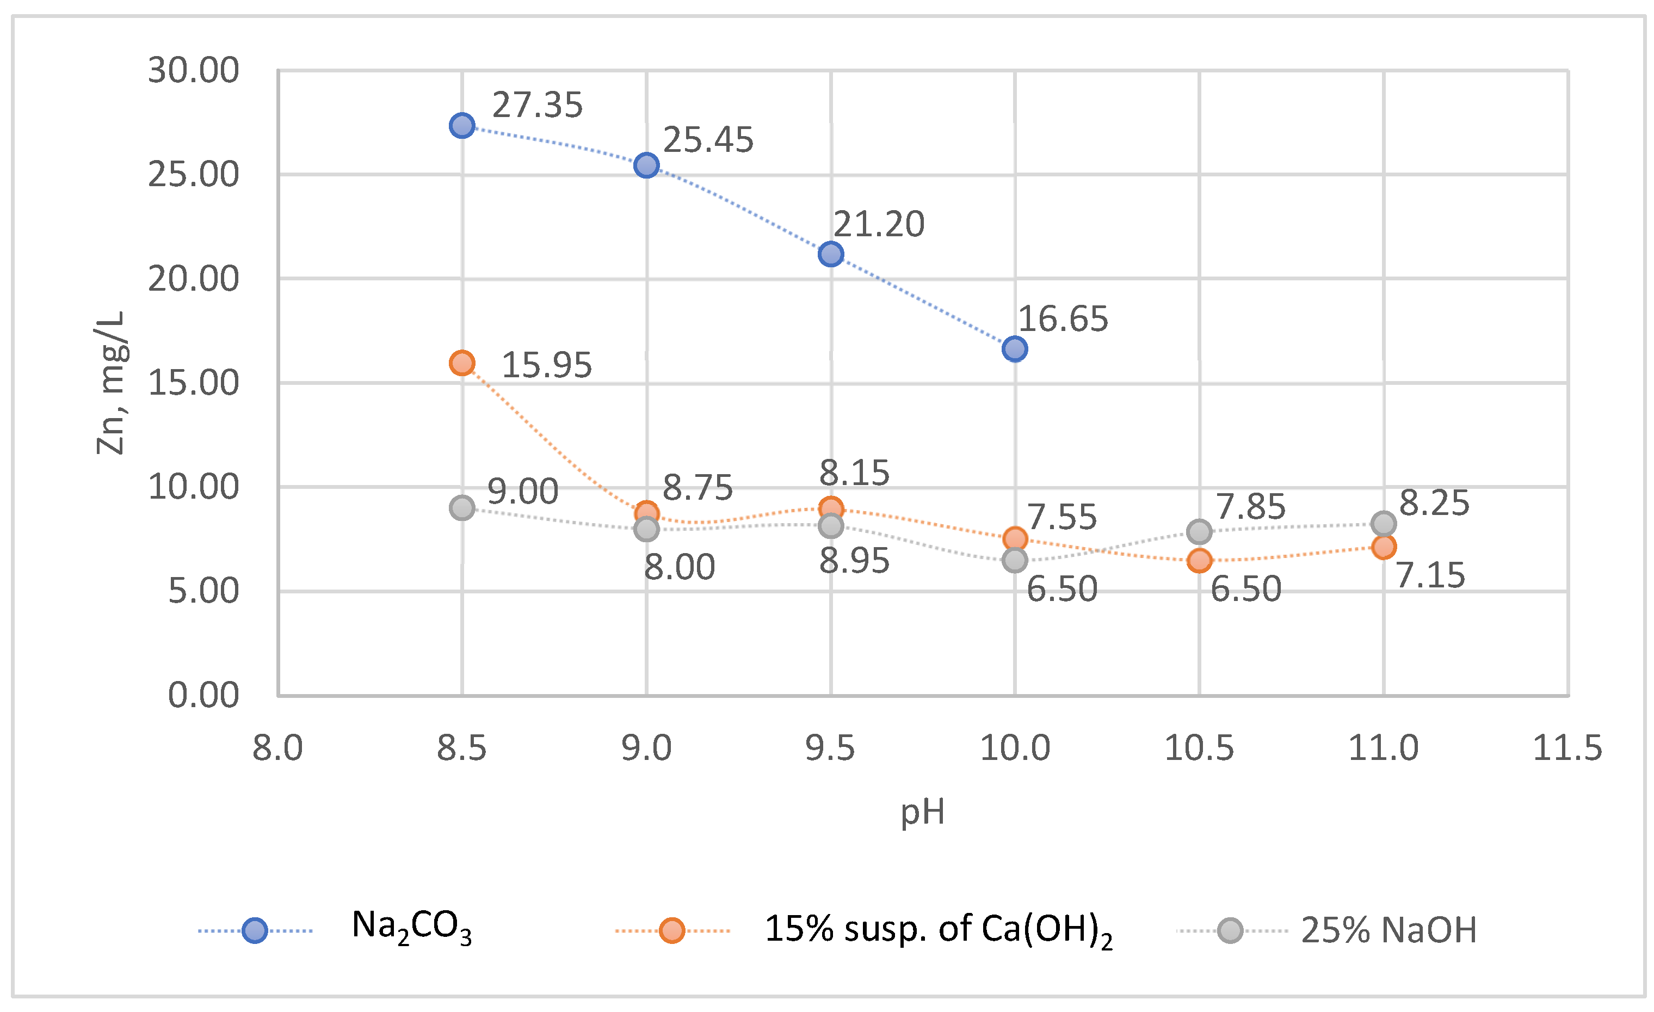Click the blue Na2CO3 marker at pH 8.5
coord(462,126)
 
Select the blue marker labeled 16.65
coord(1014,349)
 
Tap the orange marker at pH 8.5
coord(462,363)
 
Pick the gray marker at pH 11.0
coord(1384,523)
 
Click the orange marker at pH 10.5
coord(1199,560)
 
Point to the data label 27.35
coord(537,106)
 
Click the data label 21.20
coord(879,224)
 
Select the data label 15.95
coord(546,365)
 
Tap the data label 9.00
coord(522,492)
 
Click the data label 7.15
coord(1430,575)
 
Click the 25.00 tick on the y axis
coord(193,175)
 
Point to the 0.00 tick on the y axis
coord(203,695)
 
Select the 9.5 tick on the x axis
coord(830,748)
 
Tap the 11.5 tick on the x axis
coord(1567,748)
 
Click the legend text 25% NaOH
coord(1389,931)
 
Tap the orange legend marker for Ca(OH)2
coord(671,931)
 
